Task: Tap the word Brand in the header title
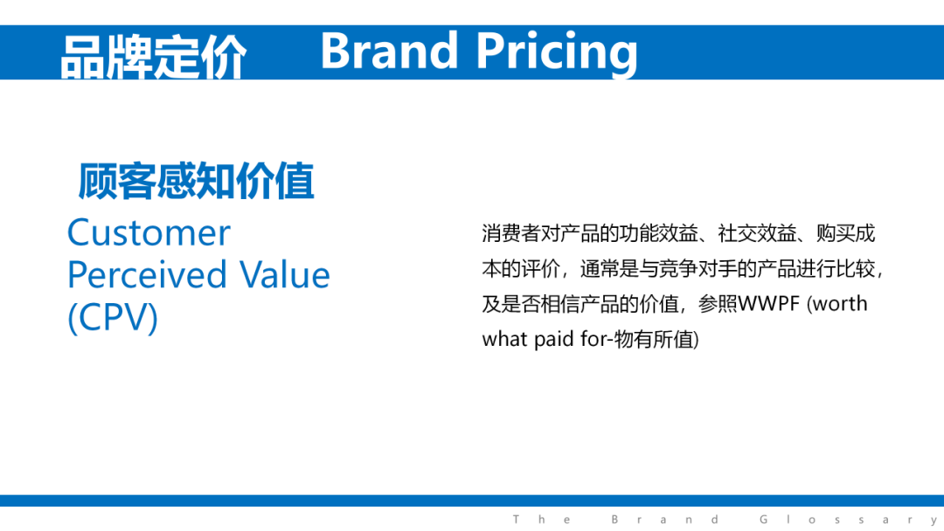pyautogui.click(x=389, y=51)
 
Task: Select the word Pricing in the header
pyautogui.click(x=557, y=54)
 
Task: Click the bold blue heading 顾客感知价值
pyautogui.click(x=197, y=181)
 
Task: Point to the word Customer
pyautogui.click(x=149, y=232)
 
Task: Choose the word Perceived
pyautogui.click(x=147, y=275)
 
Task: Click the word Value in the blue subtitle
pyautogui.click(x=285, y=275)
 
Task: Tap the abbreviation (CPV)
pyautogui.click(x=113, y=318)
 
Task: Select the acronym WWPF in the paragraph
pyautogui.click(x=769, y=304)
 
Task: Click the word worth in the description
pyautogui.click(x=840, y=304)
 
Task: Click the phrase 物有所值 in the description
pyautogui.click(x=655, y=340)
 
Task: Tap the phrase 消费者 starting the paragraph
pyautogui.click(x=511, y=233)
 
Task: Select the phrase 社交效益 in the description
pyautogui.click(x=757, y=233)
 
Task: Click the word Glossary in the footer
pyautogui.click(x=848, y=520)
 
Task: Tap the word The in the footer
pyautogui.click(x=541, y=519)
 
